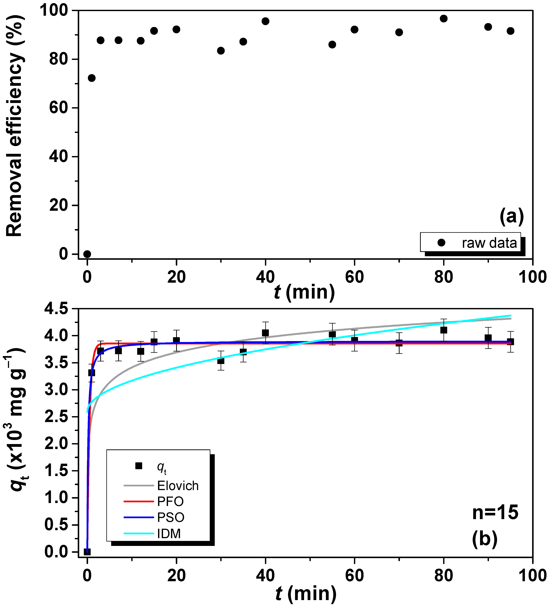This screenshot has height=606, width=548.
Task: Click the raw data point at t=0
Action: pos(87,254)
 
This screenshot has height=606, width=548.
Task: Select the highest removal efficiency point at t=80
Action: pos(443,19)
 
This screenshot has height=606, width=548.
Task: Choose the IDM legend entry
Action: pos(169,534)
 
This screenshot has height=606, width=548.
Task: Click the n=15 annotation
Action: pos(495,512)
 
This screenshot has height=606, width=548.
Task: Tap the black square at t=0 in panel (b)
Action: pos(87,552)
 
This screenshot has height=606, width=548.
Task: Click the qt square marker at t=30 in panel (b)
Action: pos(221,361)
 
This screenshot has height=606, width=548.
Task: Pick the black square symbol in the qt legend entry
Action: pos(139,466)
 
